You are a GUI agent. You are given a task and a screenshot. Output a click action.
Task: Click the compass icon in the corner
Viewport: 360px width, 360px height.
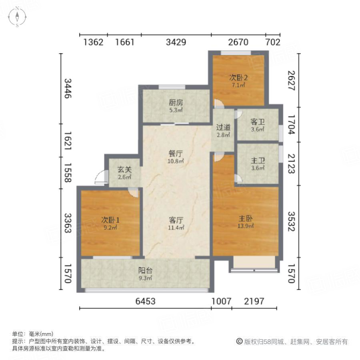(x=18, y=18)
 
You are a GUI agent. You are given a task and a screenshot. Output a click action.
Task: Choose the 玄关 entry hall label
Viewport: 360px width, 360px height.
(x=124, y=169)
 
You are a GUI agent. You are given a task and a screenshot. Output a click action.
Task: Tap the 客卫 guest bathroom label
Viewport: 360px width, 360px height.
(x=258, y=122)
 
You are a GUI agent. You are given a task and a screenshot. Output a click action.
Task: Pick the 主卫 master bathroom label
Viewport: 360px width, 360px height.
(x=258, y=161)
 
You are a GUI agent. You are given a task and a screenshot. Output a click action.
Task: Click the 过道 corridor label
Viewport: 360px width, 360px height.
(x=224, y=128)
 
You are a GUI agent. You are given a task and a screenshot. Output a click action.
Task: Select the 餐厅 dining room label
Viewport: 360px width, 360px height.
(x=176, y=153)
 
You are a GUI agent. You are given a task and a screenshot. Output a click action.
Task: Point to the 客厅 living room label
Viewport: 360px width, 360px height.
(x=176, y=220)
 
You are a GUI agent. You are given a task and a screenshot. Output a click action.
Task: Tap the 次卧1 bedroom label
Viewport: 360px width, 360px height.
(x=110, y=220)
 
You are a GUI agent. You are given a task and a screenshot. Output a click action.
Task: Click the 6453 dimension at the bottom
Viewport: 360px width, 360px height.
(x=145, y=301)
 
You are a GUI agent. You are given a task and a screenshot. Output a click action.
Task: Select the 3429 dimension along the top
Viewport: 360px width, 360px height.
(x=176, y=42)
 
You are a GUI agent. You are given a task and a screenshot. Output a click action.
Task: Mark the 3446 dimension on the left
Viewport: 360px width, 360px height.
(x=68, y=88)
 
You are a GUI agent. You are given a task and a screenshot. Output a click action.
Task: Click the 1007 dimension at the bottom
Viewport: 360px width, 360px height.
(x=221, y=301)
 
